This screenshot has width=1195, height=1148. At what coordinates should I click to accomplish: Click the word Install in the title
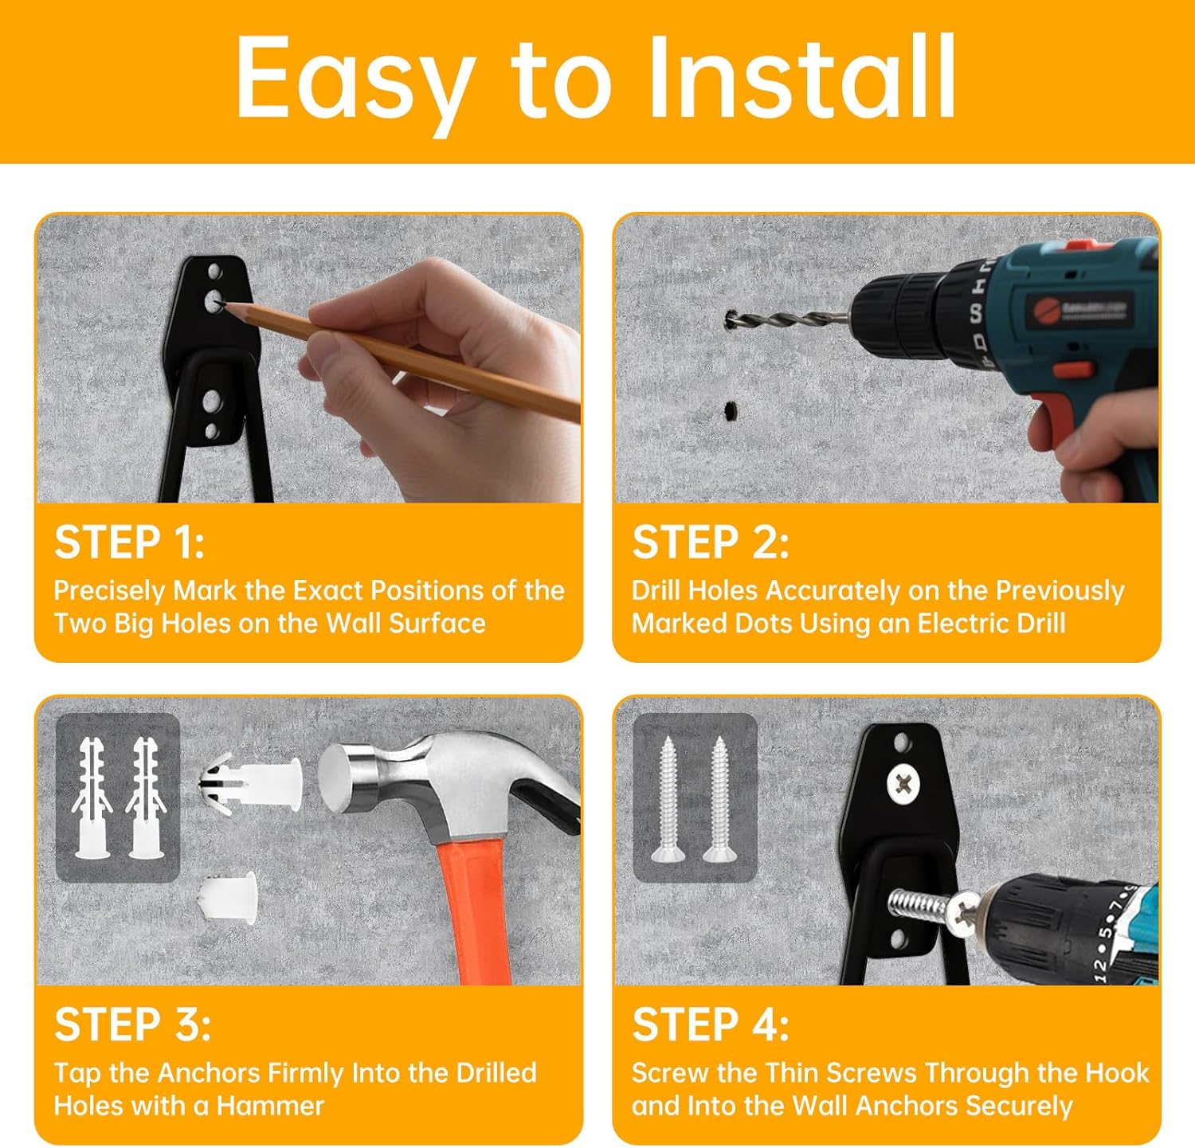tap(803, 77)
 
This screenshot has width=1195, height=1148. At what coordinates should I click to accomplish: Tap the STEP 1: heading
tap(129, 543)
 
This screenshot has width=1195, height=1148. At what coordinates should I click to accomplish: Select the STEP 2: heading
tap(710, 543)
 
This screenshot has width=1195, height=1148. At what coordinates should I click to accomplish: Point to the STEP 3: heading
tap(132, 1025)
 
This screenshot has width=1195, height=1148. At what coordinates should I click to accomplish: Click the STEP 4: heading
tap(710, 1025)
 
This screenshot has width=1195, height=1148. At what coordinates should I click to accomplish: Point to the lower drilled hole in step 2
tap(730, 411)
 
